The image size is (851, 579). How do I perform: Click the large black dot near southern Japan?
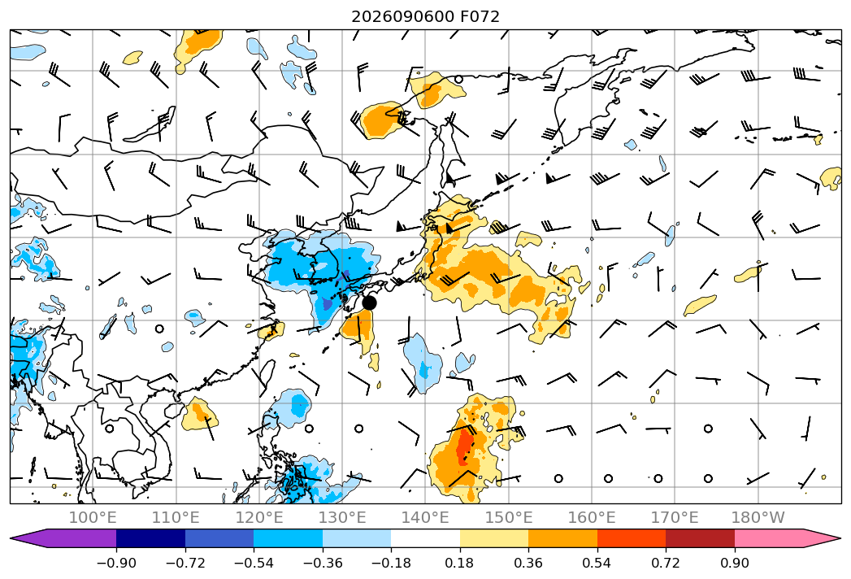click(x=369, y=303)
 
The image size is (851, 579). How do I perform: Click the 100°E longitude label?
click(x=93, y=517)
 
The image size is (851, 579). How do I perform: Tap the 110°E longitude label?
click(x=176, y=517)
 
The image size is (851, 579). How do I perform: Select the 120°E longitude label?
click(x=259, y=517)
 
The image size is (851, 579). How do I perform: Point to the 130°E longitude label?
click(x=342, y=517)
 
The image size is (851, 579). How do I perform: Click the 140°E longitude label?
click(x=425, y=517)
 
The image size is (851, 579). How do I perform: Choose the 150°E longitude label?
click(x=509, y=517)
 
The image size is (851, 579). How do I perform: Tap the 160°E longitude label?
click(x=592, y=517)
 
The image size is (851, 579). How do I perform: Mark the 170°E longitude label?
click(x=675, y=517)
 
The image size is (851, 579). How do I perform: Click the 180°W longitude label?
click(x=758, y=517)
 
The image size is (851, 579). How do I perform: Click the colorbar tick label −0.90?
click(x=116, y=563)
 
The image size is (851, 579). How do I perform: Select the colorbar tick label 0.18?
click(x=460, y=563)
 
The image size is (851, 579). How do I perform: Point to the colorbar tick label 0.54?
click(x=597, y=563)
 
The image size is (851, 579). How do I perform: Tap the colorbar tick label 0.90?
click(x=734, y=563)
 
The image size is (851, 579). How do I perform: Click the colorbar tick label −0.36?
click(x=323, y=563)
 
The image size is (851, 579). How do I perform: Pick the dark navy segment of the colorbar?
click(x=151, y=538)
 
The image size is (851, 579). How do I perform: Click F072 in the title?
click(x=480, y=16)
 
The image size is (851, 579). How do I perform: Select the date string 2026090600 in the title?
click(x=402, y=16)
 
